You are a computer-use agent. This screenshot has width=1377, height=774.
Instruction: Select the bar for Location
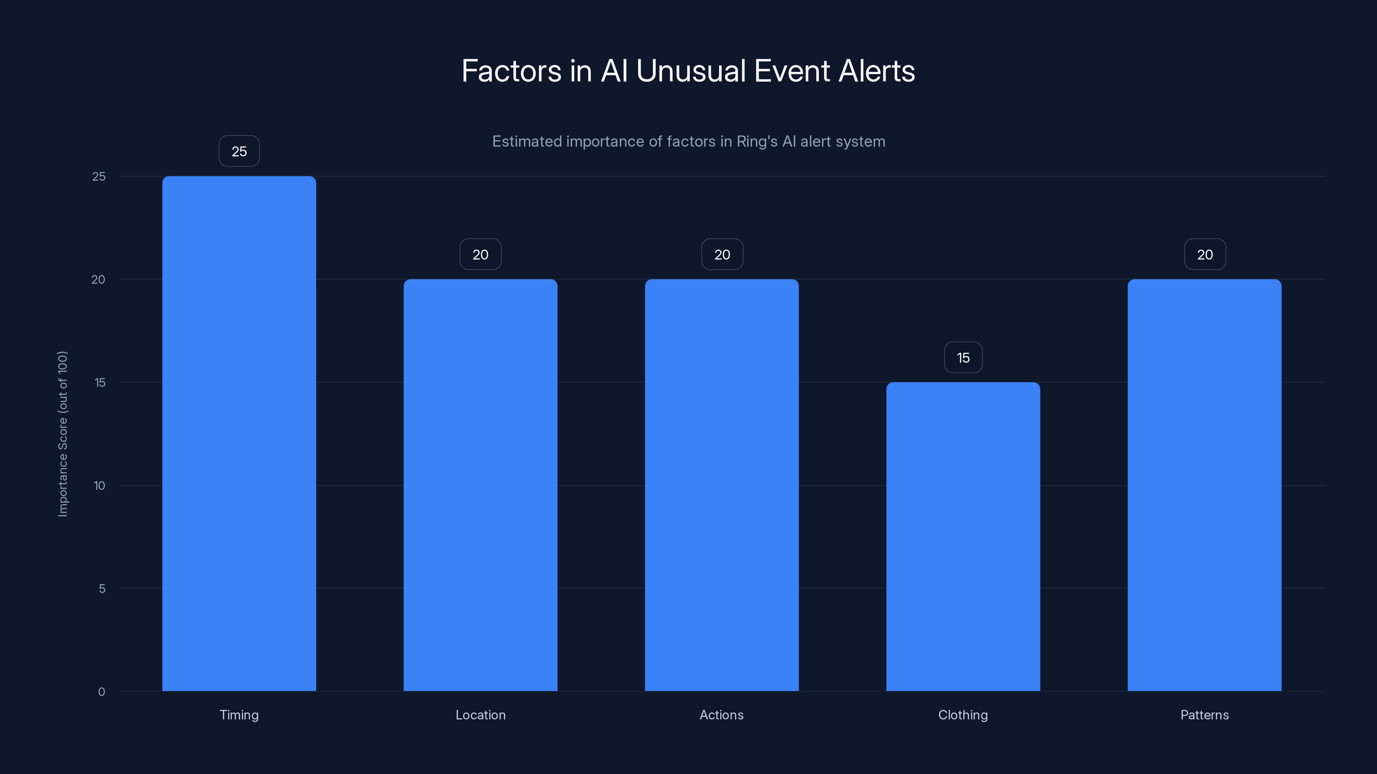480,485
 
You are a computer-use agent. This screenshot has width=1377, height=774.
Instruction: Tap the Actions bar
722,485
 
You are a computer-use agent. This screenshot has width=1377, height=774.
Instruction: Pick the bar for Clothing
963,536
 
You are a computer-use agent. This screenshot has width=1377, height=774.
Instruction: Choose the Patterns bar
1204,485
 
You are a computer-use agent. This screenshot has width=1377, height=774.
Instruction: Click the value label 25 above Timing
239,151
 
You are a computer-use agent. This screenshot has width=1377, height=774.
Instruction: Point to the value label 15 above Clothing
963,357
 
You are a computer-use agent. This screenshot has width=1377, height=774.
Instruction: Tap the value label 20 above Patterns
1204,254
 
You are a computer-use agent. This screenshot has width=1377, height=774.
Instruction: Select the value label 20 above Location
480,254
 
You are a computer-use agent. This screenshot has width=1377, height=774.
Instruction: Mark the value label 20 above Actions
722,254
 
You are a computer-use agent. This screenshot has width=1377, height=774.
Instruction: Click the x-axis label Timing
239,715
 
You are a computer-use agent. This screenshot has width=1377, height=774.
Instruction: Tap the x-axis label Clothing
963,715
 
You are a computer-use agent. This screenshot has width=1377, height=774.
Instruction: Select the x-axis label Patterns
1204,715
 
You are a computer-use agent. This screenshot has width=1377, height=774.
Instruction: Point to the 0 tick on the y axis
102,692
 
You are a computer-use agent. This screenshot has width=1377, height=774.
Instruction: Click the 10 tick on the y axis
99,485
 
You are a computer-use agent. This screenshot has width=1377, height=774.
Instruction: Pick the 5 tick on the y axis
102,589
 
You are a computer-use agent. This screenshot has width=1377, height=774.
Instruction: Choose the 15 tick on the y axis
99,382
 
